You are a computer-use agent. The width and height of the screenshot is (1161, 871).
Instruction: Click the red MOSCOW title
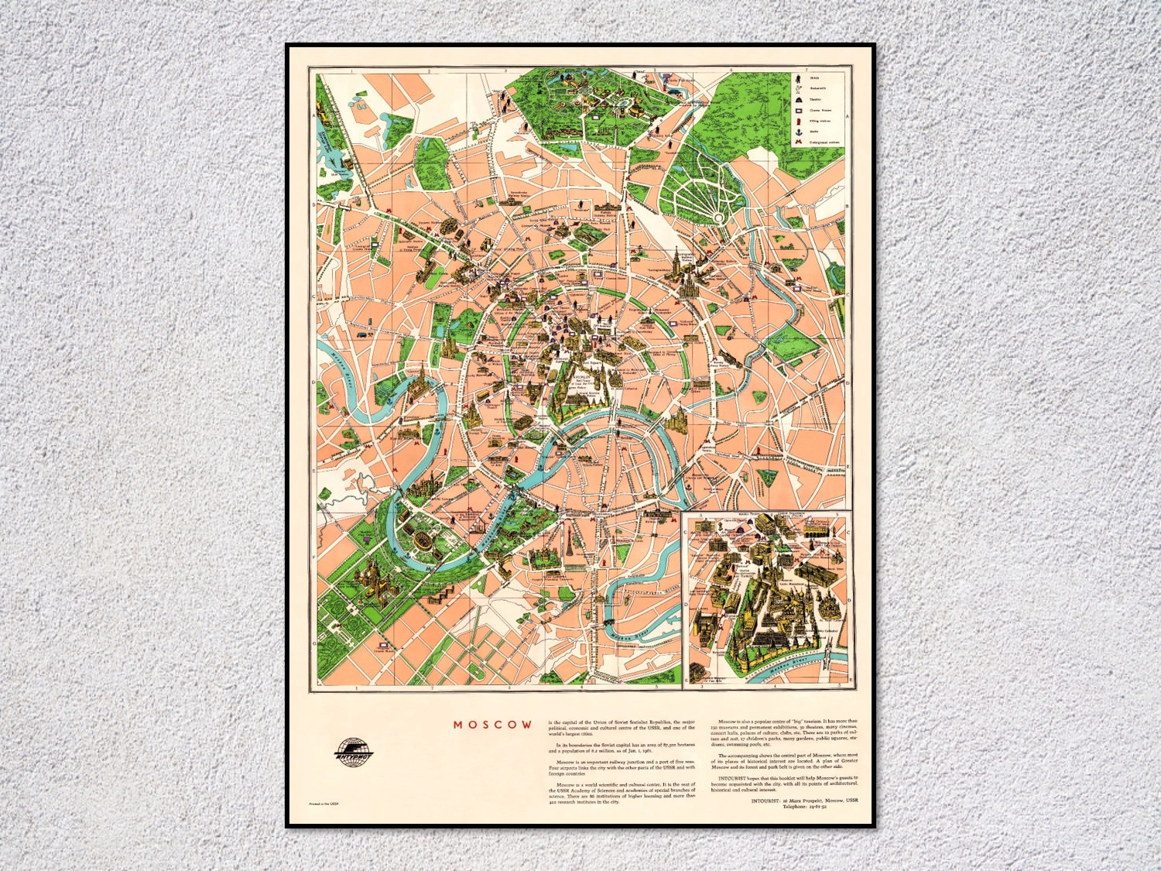click(493, 725)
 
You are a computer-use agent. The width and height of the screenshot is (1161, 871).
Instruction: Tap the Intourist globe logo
click(354, 753)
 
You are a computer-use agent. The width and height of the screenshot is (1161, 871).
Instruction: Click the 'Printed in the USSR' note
click(324, 804)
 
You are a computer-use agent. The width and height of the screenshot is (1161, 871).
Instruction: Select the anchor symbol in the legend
click(797, 132)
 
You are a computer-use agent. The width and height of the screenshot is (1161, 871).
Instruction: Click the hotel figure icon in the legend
click(797, 78)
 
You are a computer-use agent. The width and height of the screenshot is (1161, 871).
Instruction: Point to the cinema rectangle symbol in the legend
click(797, 110)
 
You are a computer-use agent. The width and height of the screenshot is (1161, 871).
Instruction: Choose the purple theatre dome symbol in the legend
click(797, 99)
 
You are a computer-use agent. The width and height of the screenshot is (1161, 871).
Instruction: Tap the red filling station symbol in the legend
click(797, 121)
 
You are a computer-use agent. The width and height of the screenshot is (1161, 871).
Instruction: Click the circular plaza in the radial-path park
click(719, 218)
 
